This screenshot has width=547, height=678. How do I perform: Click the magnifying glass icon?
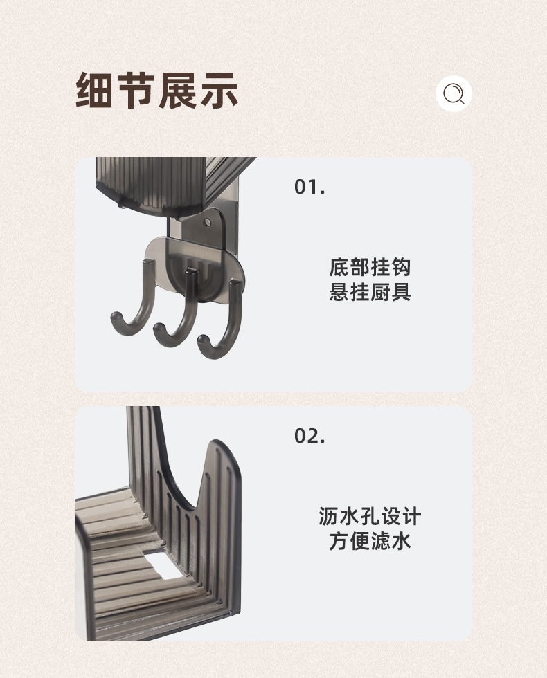pyautogui.click(x=454, y=94)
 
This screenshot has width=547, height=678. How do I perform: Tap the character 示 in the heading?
pyautogui.click(x=219, y=91)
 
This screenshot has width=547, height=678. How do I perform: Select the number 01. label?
pyautogui.click(x=310, y=187)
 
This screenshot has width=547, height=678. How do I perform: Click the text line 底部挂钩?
pyautogui.click(x=370, y=267)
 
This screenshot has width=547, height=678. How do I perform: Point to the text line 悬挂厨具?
pyautogui.click(x=370, y=292)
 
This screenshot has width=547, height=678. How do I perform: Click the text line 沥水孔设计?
pyautogui.click(x=370, y=516)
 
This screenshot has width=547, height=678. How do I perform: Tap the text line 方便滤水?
pyautogui.click(x=370, y=541)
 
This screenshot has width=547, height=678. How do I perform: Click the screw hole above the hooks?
pyautogui.click(x=208, y=223)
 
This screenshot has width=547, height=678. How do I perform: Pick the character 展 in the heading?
pyautogui.click(x=178, y=91)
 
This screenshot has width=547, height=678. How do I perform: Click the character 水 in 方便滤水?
pyautogui.click(x=401, y=541)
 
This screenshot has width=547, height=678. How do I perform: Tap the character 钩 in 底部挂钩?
pyautogui.click(x=401, y=267)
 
